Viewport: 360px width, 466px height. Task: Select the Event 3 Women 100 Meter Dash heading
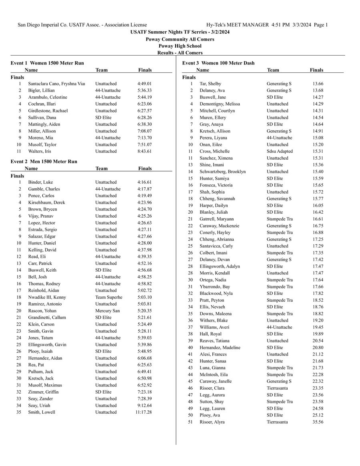coord(218,63)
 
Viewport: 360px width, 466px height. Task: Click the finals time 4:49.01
coord(144,84)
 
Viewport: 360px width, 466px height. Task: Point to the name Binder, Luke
coord(40,182)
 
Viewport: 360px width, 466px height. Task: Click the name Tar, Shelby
coord(210,84)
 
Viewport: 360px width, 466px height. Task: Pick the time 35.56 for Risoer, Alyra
coord(318,422)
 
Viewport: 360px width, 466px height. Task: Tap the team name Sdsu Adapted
coord(280,152)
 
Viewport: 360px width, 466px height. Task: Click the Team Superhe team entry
coord(108,298)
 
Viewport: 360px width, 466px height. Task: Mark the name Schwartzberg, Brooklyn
coord(222,172)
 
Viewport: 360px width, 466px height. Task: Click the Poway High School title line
coord(180,46)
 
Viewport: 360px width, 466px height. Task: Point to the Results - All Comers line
coord(180,53)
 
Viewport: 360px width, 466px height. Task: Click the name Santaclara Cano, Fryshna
coord(56,84)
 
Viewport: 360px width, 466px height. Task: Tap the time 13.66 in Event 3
coord(318,84)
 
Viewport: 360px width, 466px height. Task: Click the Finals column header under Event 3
coord(316,70)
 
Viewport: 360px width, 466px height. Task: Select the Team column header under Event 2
coord(102,169)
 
